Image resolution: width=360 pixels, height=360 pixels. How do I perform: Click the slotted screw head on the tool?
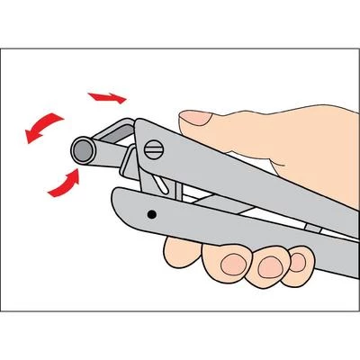click(x=155, y=145)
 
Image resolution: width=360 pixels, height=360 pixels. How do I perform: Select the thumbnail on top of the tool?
click(x=195, y=118)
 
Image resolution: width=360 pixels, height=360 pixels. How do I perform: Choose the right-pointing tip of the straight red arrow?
click(x=123, y=98)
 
